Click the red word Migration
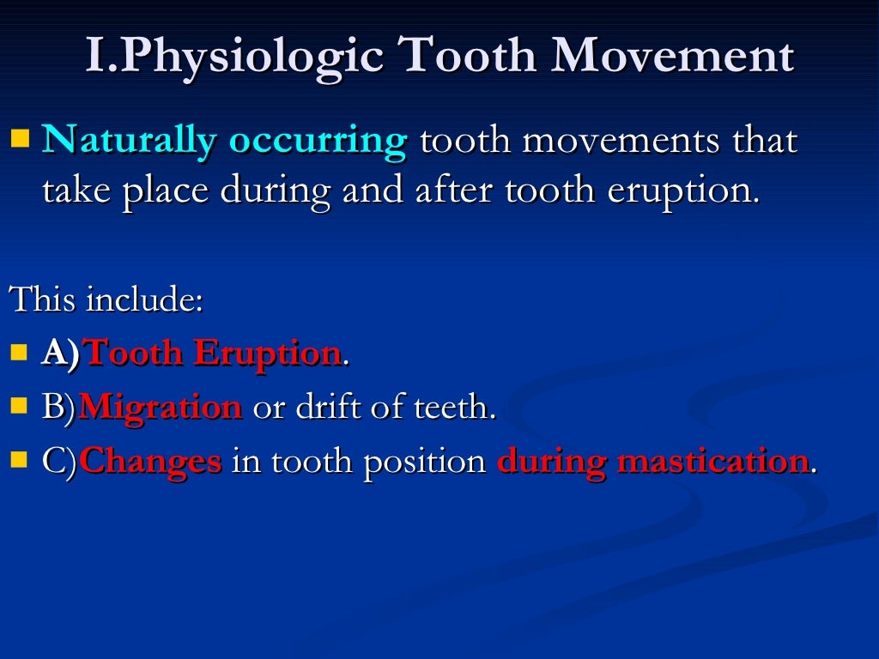click(x=161, y=408)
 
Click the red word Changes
click(x=151, y=462)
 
